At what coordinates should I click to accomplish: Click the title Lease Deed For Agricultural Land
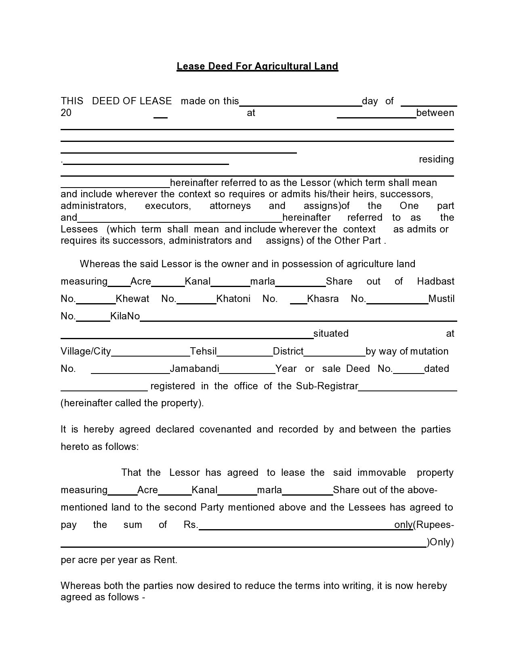pos(257,66)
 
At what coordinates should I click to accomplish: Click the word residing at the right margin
pos(436,159)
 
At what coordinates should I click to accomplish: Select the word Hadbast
pos(435,281)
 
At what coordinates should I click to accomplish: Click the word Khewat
pos(132,299)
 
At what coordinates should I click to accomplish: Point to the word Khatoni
pos(233,299)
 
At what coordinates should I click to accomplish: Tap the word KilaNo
pos(125,316)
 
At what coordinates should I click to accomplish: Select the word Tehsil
pos(203,351)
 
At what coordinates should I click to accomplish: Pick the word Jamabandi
pos(194,369)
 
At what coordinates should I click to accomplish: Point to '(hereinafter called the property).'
pos(132,403)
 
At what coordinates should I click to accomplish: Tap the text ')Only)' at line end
pos(440,542)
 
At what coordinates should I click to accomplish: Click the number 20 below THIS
pos(66,113)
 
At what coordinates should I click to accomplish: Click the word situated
pos(330,333)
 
